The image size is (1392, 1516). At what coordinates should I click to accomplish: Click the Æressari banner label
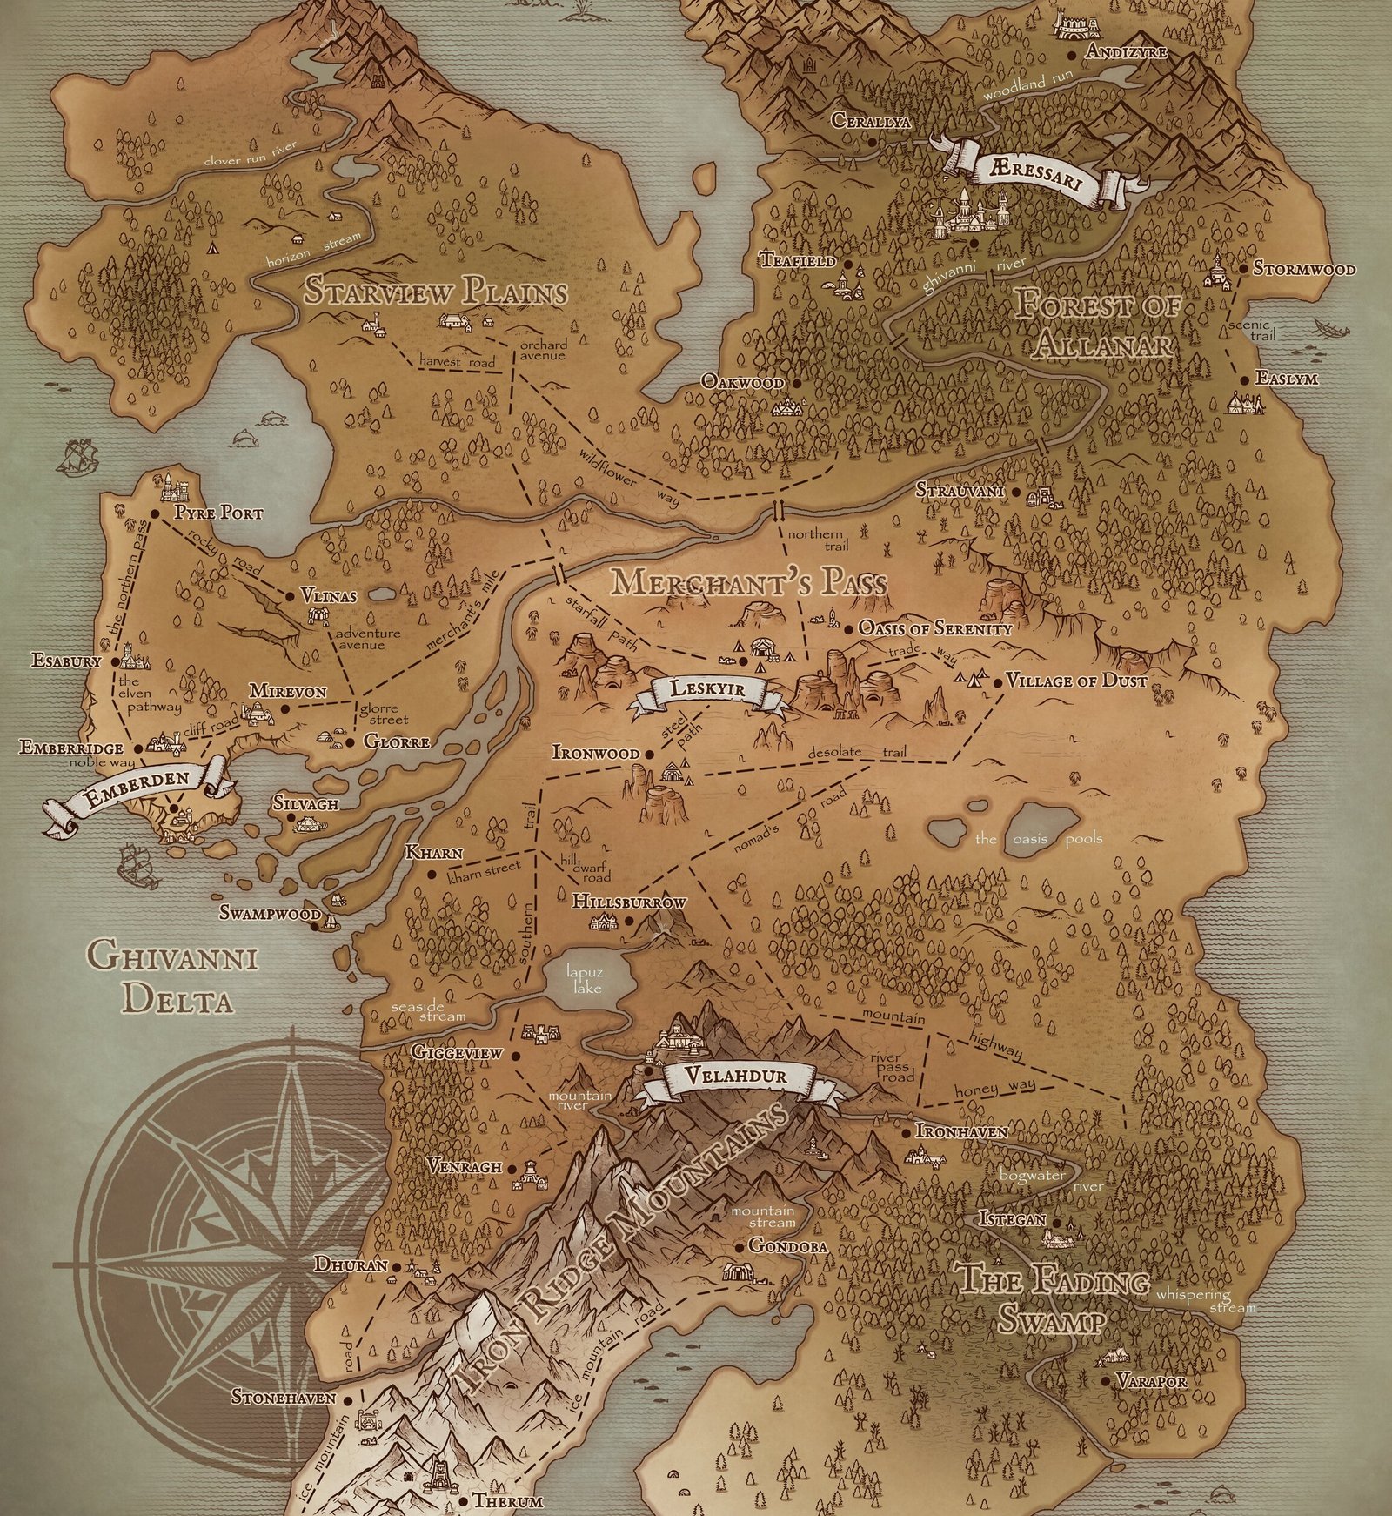tap(1034, 171)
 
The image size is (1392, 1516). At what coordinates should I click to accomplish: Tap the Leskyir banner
tap(706, 689)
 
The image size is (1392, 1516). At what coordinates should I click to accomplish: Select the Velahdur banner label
tap(736, 1076)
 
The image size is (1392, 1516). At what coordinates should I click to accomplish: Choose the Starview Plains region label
tap(435, 292)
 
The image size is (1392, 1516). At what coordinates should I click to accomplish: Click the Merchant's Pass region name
tap(749, 582)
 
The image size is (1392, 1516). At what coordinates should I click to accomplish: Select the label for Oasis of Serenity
tap(934, 628)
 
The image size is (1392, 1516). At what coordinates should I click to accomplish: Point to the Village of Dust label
tap(1076, 681)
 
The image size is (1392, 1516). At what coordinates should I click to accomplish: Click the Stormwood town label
tap(1303, 269)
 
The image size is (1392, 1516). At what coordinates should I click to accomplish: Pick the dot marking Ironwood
tap(649, 754)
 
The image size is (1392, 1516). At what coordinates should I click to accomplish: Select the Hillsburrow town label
tap(628, 902)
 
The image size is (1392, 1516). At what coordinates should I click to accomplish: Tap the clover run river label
tap(250, 153)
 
